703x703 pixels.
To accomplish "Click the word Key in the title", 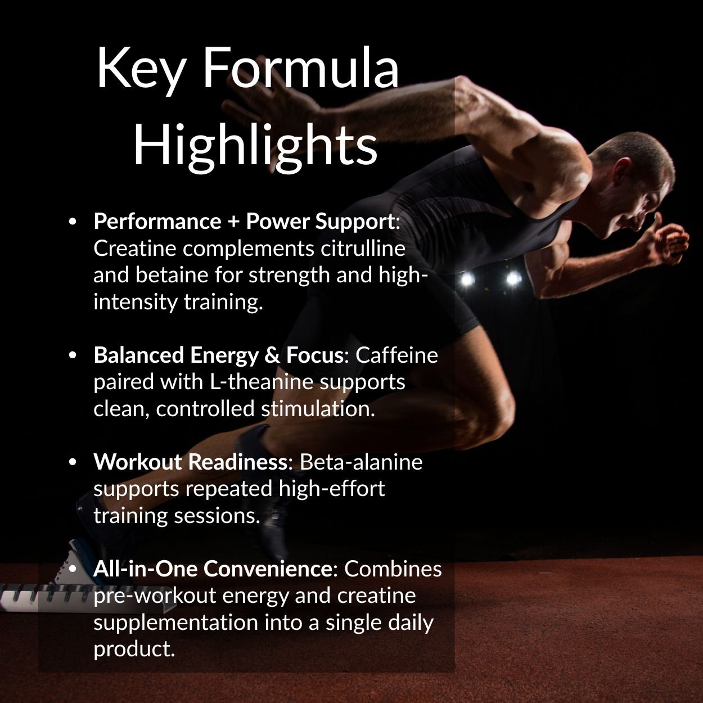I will (x=141, y=69).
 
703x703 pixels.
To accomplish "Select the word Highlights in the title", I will (x=255, y=145).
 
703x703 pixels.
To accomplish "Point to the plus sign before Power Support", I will (x=233, y=222).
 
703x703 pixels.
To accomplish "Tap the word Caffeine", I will (x=396, y=355).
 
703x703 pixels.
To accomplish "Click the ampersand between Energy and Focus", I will (x=272, y=355).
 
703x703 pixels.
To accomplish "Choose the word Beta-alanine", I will (x=361, y=462).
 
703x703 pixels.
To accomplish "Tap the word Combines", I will (x=393, y=569).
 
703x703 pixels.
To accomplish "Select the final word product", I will (x=134, y=649).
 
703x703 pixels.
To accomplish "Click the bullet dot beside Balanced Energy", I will (x=72, y=355).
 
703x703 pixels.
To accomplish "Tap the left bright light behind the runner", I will (x=466, y=278).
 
